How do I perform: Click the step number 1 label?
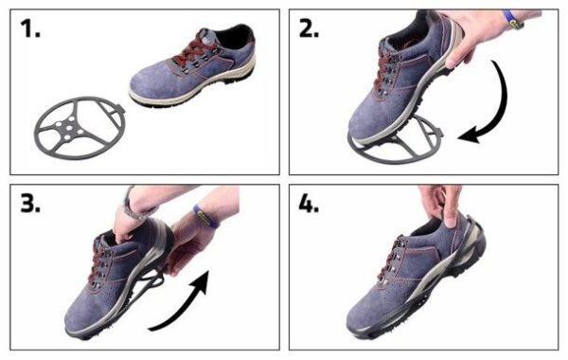[30, 28]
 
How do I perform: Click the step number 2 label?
[309, 28]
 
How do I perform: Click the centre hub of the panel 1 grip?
[69, 127]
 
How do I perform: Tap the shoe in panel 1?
[193, 66]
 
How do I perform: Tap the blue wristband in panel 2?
[512, 20]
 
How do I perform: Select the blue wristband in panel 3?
[205, 216]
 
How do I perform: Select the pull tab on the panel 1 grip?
[120, 109]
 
